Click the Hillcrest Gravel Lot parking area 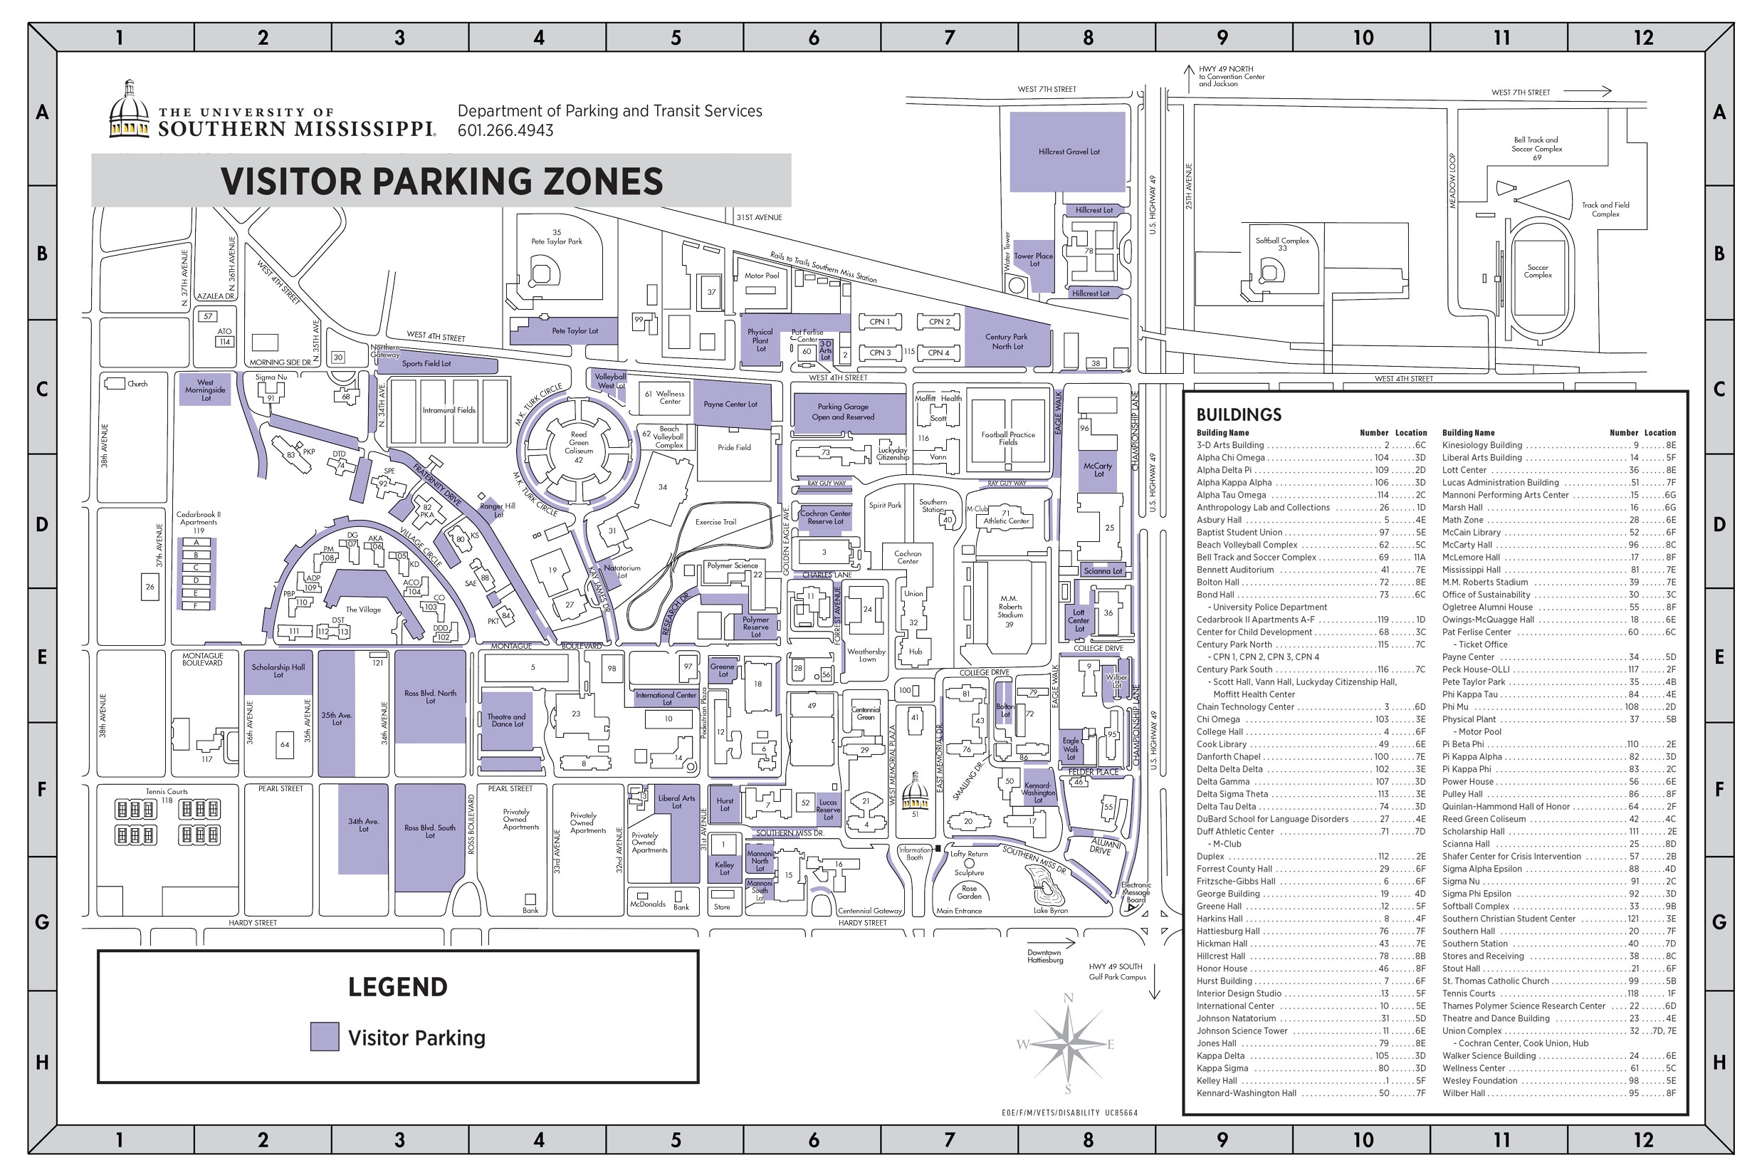1068,152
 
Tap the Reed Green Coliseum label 578,443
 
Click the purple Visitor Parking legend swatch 325,1036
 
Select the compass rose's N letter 1068,998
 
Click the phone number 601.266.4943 505,130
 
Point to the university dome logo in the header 129,110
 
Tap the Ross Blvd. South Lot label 429,831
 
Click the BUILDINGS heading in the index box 1238,414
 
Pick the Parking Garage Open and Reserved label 842,412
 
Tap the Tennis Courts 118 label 167,794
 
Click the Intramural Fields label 448,410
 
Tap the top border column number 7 949,38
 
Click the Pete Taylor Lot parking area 574,330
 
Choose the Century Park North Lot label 1006,341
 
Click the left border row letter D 42,524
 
